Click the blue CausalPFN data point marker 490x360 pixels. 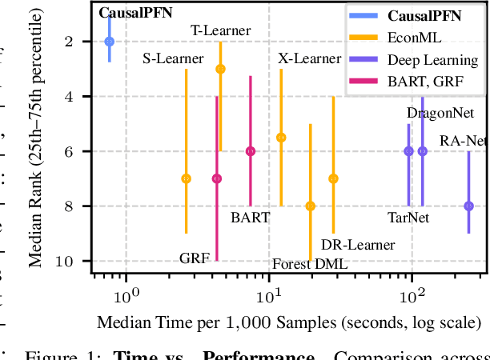[x=110, y=42]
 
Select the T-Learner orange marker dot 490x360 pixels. [x=220, y=70]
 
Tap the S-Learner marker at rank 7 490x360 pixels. [x=186, y=178]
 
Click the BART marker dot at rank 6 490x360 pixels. [x=251, y=151]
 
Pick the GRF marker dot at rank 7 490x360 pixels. [x=216, y=178]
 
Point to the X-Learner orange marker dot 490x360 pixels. [x=281, y=138]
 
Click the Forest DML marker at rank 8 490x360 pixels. [x=311, y=206]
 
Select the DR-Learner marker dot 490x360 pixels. [x=333, y=178]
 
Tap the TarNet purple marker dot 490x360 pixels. [x=408, y=151]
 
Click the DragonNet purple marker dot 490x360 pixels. [x=423, y=151]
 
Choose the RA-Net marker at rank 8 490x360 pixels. [x=469, y=206]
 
